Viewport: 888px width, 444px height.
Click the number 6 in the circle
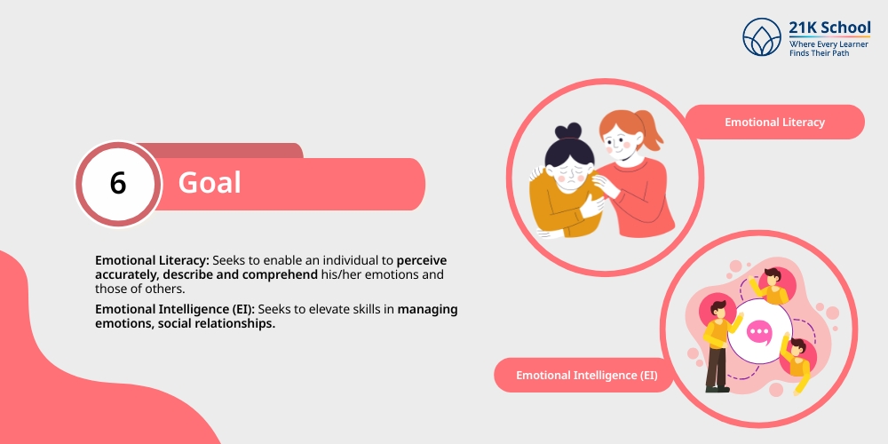(x=118, y=184)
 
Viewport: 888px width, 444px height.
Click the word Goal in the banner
(x=210, y=183)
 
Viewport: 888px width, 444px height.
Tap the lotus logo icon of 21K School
(x=762, y=36)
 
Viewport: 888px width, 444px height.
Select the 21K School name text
(x=829, y=28)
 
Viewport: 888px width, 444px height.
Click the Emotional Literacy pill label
(x=774, y=122)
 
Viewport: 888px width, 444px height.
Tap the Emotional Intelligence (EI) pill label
(x=586, y=375)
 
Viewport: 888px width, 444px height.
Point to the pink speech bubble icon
(x=759, y=332)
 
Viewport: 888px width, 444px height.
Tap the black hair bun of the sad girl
(x=568, y=131)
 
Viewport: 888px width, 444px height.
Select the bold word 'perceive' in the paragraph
(x=422, y=260)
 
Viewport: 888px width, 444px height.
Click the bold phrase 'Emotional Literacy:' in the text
(x=153, y=260)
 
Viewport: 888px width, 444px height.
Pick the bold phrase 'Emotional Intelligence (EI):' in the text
(x=176, y=310)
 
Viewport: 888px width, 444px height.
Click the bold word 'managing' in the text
(x=428, y=310)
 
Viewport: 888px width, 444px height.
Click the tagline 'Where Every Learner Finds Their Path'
(x=829, y=48)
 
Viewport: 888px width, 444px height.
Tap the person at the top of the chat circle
(x=771, y=286)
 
